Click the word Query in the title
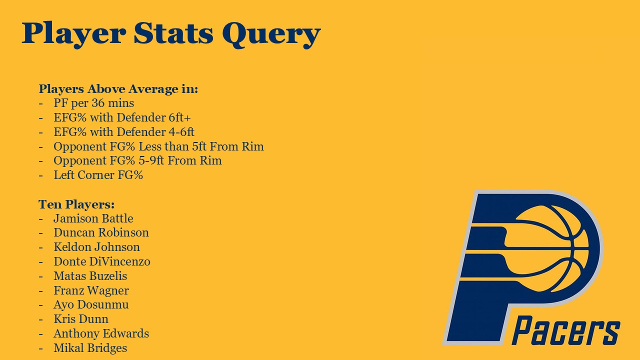[271, 34]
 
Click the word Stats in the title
[173, 33]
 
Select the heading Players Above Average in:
[118, 89]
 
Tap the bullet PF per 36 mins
[93, 103]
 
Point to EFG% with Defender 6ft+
[122, 117]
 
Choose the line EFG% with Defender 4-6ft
[124, 132]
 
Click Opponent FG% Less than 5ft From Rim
[158, 146]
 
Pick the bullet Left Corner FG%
[98, 175]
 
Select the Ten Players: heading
[76, 204]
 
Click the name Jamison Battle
[93, 218]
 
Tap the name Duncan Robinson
[101, 232]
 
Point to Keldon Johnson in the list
[97, 247]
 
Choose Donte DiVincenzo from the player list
[102, 261]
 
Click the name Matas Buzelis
[90, 276]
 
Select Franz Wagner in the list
[91, 290]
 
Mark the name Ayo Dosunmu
[91, 305]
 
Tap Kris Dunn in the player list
[81, 319]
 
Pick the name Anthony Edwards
[101, 333]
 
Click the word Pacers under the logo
[565, 330]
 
